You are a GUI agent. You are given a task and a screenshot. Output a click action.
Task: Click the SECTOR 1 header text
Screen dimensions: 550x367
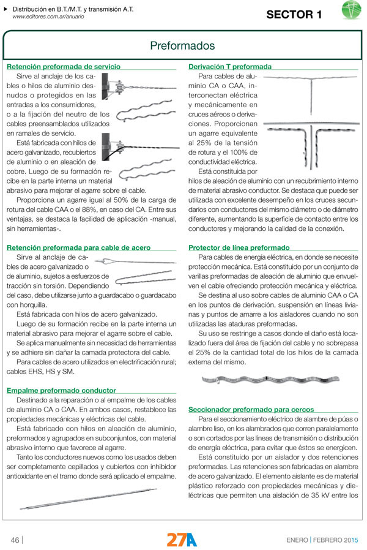point(293,15)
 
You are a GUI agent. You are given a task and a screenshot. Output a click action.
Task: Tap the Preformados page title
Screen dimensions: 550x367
point(182,46)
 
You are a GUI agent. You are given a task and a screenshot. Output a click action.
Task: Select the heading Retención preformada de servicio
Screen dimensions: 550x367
point(63,66)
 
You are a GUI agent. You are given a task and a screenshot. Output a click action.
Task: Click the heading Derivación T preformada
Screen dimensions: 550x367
point(230,66)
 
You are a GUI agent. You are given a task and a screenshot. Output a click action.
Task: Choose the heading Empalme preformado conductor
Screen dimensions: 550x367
point(61,390)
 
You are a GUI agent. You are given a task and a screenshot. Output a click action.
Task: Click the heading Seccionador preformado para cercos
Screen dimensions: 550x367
point(251,409)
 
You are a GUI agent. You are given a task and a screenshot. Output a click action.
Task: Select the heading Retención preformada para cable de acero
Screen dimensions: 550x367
point(78,247)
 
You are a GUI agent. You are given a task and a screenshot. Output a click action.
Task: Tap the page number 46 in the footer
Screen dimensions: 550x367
point(15,540)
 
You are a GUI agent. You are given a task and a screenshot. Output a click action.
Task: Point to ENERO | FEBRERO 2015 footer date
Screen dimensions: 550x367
point(322,540)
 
